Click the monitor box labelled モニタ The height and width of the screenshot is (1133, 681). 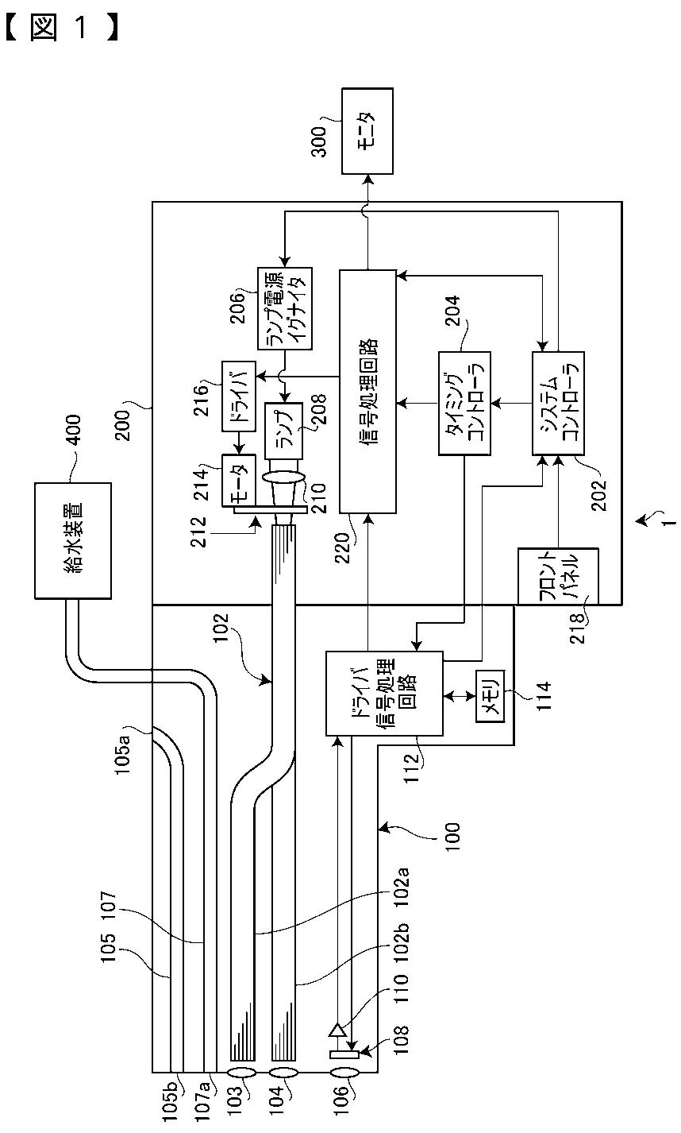[x=367, y=131]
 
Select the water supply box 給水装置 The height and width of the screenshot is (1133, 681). [x=73, y=541]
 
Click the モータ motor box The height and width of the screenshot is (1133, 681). [x=238, y=481]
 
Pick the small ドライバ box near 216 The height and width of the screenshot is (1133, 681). [x=238, y=396]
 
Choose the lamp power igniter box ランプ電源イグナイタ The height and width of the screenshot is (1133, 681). [x=285, y=308]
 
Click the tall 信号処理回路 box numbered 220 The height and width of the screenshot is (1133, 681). [x=367, y=392]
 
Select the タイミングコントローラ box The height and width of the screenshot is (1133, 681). [x=464, y=403]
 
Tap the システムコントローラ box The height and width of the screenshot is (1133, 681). [x=558, y=403]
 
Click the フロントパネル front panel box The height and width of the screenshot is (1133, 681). [x=558, y=576]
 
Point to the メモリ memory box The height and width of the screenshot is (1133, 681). [x=490, y=695]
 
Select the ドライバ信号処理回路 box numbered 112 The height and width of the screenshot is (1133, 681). [x=384, y=693]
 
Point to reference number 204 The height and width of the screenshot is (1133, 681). [x=452, y=311]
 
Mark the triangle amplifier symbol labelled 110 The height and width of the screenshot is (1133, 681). [x=337, y=1029]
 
